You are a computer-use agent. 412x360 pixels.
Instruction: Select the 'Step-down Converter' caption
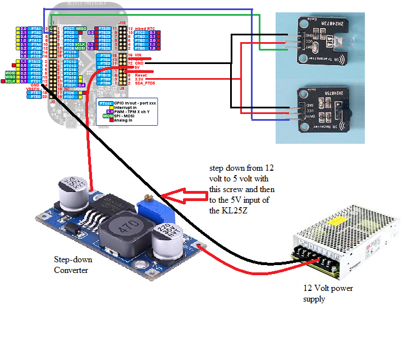[x=73, y=265]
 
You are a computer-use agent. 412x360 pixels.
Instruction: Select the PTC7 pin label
[x=69, y=28]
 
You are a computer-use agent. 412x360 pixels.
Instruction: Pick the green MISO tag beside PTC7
[x=81, y=28]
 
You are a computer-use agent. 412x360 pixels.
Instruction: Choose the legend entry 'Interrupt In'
[x=125, y=108]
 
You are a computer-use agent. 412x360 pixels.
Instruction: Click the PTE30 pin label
[x=103, y=28]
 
